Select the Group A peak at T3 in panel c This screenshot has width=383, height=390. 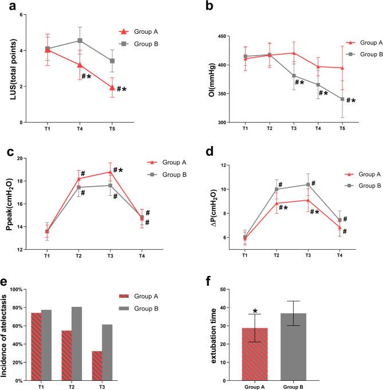tap(110, 172)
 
